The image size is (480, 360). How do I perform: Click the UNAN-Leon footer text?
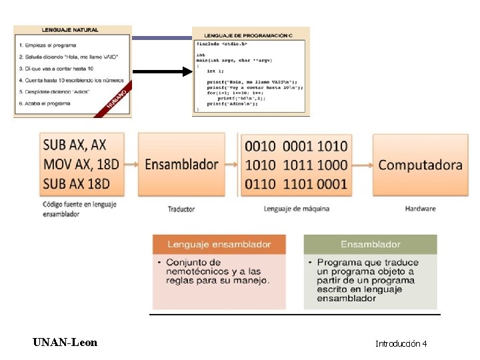pyautogui.click(x=65, y=343)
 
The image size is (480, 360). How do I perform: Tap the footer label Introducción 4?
pyautogui.click(x=401, y=344)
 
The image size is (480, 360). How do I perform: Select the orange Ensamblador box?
pyautogui.click(x=181, y=164)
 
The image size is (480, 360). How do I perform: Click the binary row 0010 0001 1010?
pyautogui.click(x=296, y=145)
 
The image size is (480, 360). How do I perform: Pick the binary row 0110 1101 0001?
pyautogui.click(x=296, y=183)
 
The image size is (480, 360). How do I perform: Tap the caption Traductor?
pyautogui.click(x=181, y=209)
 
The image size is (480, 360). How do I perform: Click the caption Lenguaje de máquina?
pyautogui.click(x=297, y=209)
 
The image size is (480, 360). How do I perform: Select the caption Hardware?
pyautogui.click(x=420, y=209)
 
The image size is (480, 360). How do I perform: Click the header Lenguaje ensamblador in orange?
pyautogui.click(x=219, y=245)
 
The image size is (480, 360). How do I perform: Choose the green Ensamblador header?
pyautogui.click(x=371, y=245)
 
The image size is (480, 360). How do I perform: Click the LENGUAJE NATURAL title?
pyautogui.click(x=70, y=30)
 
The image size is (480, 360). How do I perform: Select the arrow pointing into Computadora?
pyautogui.click(x=363, y=164)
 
